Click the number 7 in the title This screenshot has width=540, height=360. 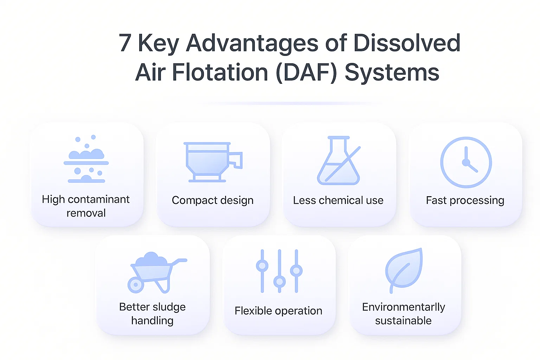coord(125,43)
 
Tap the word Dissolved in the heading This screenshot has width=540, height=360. coord(407,43)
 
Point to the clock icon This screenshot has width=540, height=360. coord(466,162)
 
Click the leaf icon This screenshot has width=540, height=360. coord(404,270)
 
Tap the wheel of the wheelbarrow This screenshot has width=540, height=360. coord(136,285)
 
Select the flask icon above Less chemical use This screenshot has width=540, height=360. coord(339,160)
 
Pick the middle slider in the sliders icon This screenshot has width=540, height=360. coord(279,271)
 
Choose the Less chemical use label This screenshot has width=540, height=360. coord(338,200)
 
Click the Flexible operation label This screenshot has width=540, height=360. coord(278,311)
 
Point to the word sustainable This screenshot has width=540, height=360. coord(403,321)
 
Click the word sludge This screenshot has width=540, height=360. coord(169,307)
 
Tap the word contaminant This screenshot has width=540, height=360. coord(99,199)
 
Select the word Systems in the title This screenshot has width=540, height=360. coord(392,72)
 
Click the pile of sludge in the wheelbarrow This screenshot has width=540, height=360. coord(151,259)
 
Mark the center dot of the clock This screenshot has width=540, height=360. coord(466,162)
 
